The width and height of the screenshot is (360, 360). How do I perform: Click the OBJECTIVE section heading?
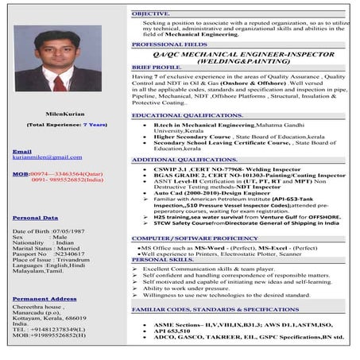[150, 14]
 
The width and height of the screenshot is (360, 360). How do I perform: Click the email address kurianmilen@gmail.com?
[47, 157]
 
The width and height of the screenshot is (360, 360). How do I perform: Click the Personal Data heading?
[35, 217]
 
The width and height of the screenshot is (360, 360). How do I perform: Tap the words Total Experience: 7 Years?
[67, 125]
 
